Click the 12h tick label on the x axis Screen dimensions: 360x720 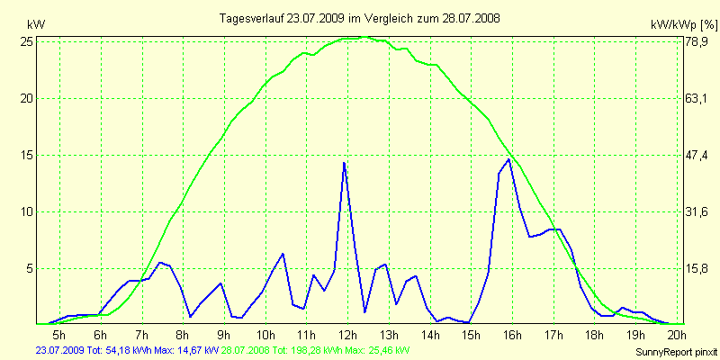click(x=347, y=336)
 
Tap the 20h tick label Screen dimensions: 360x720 click(x=677, y=336)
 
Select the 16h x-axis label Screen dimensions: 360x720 click(x=512, y=336)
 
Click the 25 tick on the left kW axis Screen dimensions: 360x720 click(x=28, y=41)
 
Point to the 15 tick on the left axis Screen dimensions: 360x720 click(x=28, y=155)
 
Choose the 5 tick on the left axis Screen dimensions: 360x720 click(x=31, y=268)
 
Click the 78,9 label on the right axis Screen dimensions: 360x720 click(x=698, y=41)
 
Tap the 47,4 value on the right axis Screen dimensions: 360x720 click(x=698, y=155)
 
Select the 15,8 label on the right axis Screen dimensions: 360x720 click(x=698, y=268)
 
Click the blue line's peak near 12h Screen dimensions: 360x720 click(x=344, y=163)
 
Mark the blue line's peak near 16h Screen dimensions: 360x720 click(x=509, y=159)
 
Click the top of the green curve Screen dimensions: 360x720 click(x=364, y=37)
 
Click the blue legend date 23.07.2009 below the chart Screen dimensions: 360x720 click(x=58, y=349)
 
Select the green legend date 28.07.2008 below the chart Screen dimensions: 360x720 click(x=245, y=349)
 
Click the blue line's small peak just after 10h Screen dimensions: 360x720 click(x=283, y=254)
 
